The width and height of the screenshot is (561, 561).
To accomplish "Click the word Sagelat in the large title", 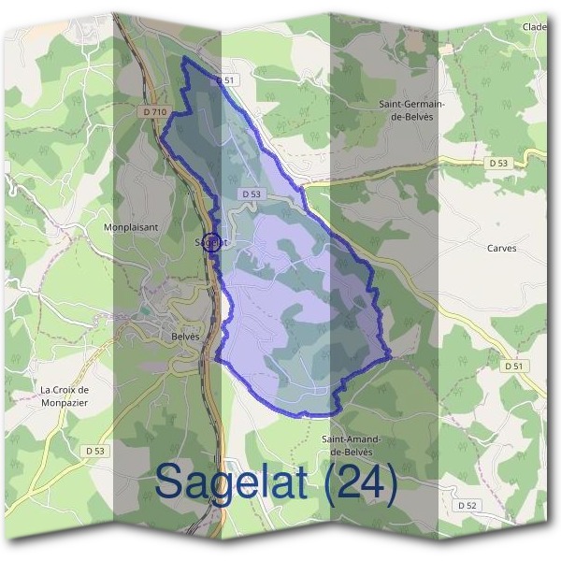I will coord(237,482).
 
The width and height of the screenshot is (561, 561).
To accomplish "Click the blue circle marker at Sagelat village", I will coord(212,240).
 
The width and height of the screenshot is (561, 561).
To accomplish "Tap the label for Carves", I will coord(501,249).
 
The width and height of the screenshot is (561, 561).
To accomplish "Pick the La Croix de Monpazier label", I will coord(65,396).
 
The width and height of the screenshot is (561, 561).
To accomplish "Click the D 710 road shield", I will coord(155,112).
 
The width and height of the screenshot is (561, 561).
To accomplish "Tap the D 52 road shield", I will coord(467,505).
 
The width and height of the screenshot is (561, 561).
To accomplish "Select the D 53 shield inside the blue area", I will coord(250,194).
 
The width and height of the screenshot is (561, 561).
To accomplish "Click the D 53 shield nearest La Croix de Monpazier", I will coord(83,451).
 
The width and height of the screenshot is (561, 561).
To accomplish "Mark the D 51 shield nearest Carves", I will coord(512,367).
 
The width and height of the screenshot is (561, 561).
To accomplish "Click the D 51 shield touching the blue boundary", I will coord(225,81).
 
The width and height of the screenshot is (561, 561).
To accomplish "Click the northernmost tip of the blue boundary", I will coord(183,58).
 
